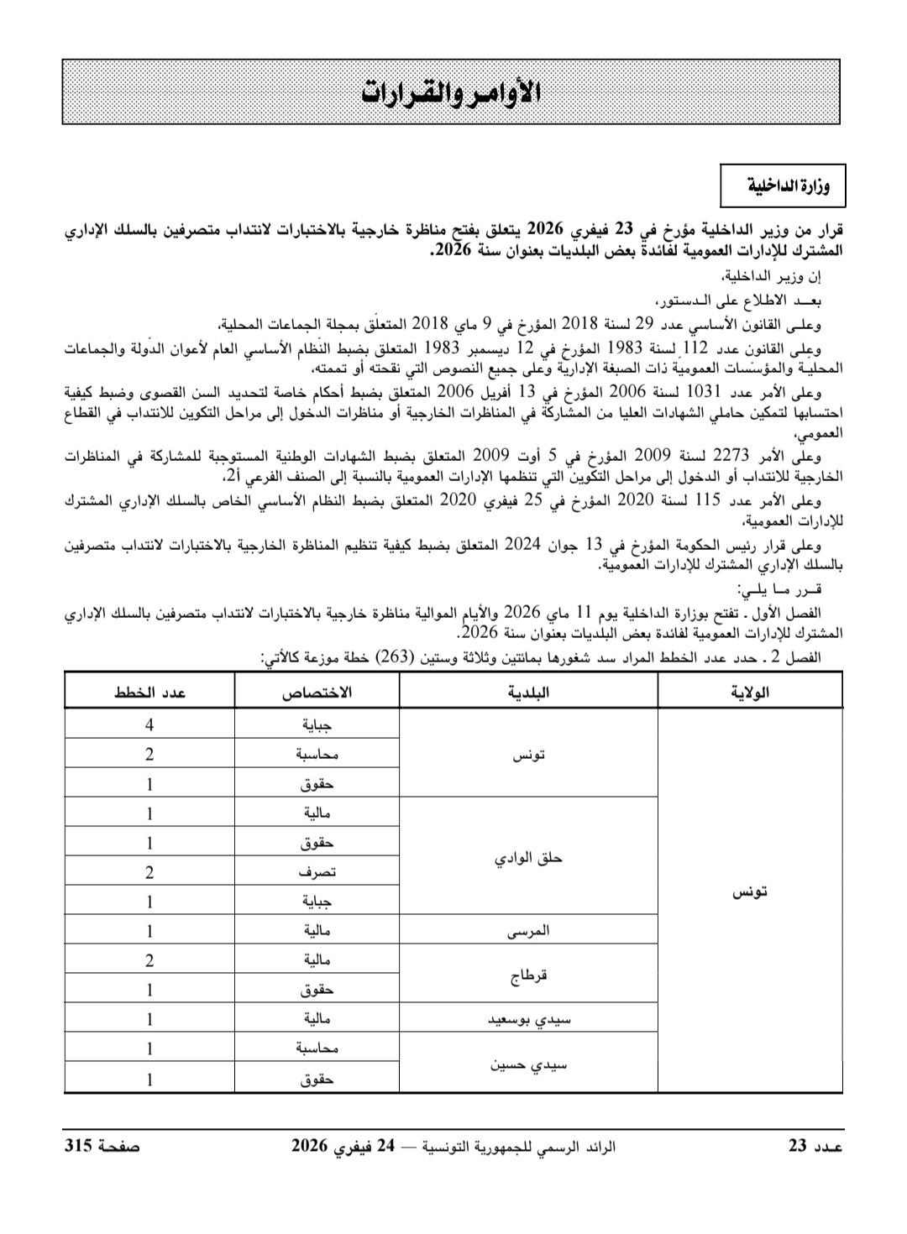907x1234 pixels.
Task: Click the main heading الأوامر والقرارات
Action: click(x=451, y=93)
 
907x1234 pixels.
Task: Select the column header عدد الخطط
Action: click(x=149, y=693)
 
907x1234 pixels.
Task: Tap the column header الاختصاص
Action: click(x=316, y=693)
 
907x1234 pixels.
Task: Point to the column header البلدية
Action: click(x=529, y=693)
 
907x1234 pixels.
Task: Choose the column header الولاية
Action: click(x=750, y=693)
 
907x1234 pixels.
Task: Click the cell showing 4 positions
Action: click(x=149, y=724)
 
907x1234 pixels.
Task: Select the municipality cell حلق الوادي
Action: click(x=528, y=858)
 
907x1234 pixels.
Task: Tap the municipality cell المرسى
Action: click(x=529, y=931)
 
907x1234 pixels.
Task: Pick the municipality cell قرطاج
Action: click(x=529, y=975)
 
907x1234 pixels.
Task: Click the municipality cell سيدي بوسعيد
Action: click(x=529, y=1019)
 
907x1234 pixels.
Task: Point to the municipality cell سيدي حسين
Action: click(x=529, y=1064)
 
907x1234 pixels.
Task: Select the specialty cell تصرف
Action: click(x=317, y=872)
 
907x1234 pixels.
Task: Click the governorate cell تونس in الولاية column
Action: click(x=750, y=892)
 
